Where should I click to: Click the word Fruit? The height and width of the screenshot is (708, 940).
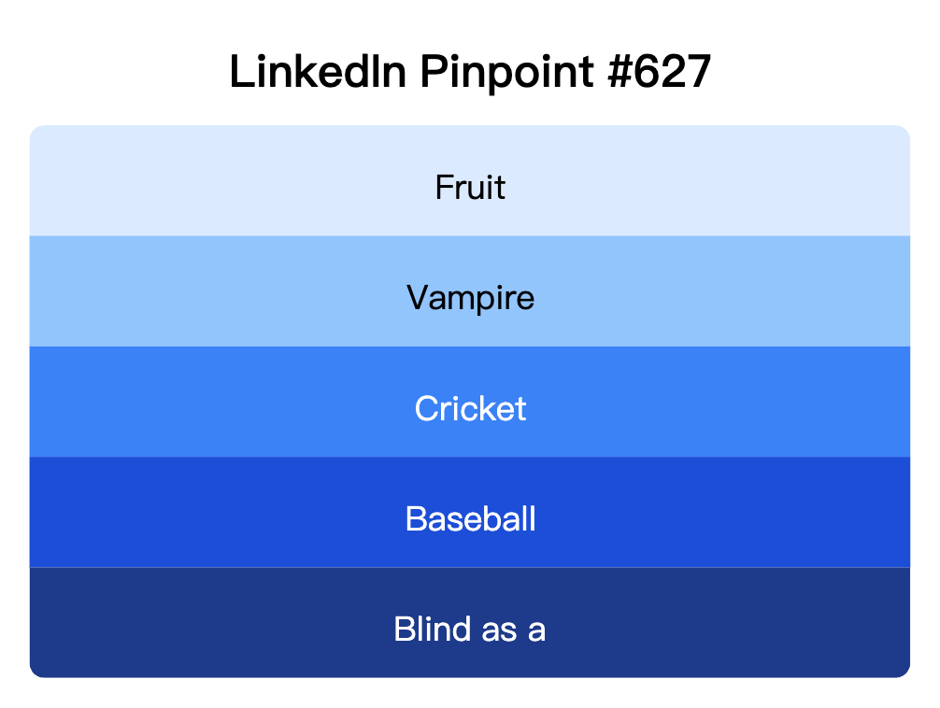470,188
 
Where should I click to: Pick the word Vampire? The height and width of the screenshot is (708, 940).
470,298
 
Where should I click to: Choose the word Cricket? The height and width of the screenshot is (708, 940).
470,408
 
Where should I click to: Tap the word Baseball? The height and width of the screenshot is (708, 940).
470,518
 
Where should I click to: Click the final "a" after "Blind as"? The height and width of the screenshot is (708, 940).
536,630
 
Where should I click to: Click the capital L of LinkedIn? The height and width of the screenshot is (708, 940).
239,72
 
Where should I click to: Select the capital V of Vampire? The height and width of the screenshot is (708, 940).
418,298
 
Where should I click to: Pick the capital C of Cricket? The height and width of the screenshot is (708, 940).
427,408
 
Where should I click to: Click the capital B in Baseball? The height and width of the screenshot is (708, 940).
416,518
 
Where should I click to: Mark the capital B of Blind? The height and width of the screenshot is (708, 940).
405,629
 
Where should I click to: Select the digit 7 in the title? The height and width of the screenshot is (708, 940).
698,72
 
